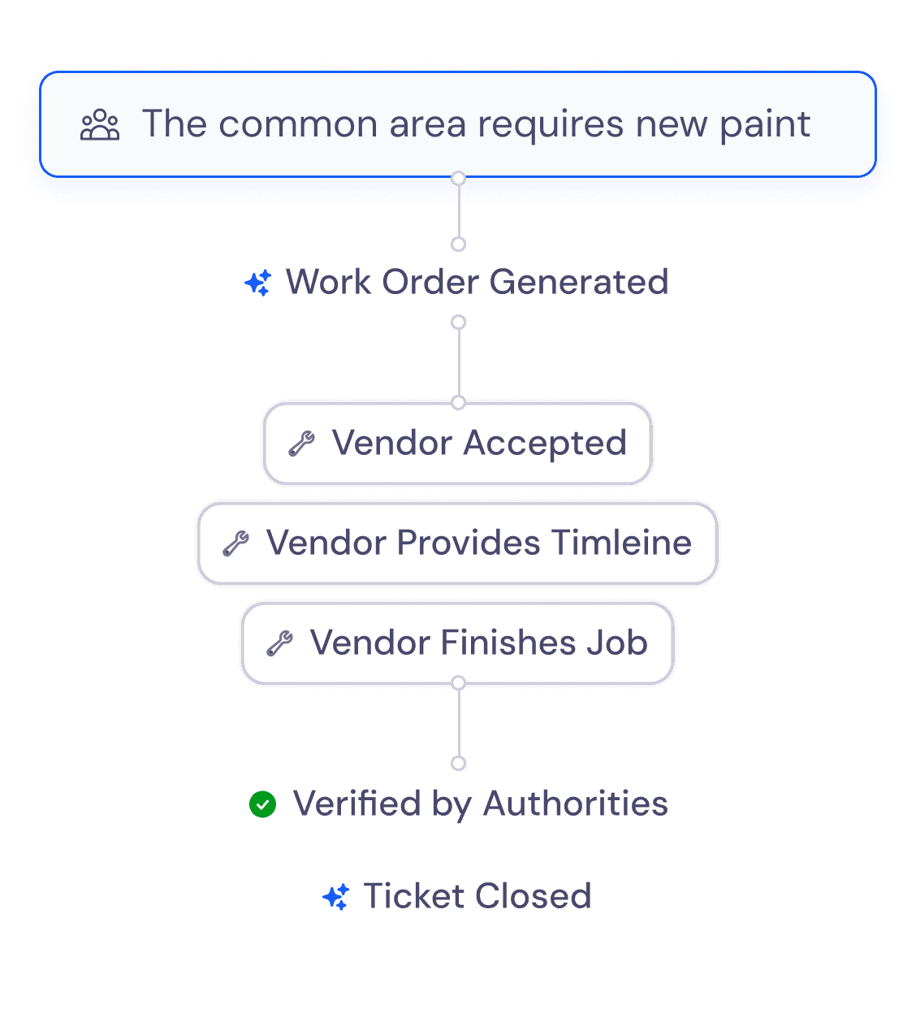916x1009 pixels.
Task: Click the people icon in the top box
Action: coord(100,124)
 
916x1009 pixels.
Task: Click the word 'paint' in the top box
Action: coord(765,124)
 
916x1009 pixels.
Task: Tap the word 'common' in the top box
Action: coord(298,125)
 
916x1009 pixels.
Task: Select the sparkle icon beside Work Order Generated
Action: coord(258,283)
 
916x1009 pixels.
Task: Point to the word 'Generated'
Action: coord(578,282)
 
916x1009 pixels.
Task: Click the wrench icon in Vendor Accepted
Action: coord(301,444)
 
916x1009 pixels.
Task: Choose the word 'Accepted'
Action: coord(545,444)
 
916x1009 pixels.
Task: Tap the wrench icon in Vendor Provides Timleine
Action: coord(235,543)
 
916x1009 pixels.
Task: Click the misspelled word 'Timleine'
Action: coord(621,543)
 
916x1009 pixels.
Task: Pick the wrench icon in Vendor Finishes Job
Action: coord(279,643)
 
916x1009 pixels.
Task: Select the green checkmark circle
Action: coord(262,804)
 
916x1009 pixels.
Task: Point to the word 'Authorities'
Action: coord(576,803)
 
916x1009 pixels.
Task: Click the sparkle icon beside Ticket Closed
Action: coord(335,896)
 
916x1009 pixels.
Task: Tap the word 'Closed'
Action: coord(534,896)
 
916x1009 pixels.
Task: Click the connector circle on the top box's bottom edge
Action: coord(458,178)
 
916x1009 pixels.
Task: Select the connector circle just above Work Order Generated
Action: coord(458,245)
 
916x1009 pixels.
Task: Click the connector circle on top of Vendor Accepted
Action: coord(458,402)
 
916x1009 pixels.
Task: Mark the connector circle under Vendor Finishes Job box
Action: coord(458,683)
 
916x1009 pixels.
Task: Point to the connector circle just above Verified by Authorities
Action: coord(458,764)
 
